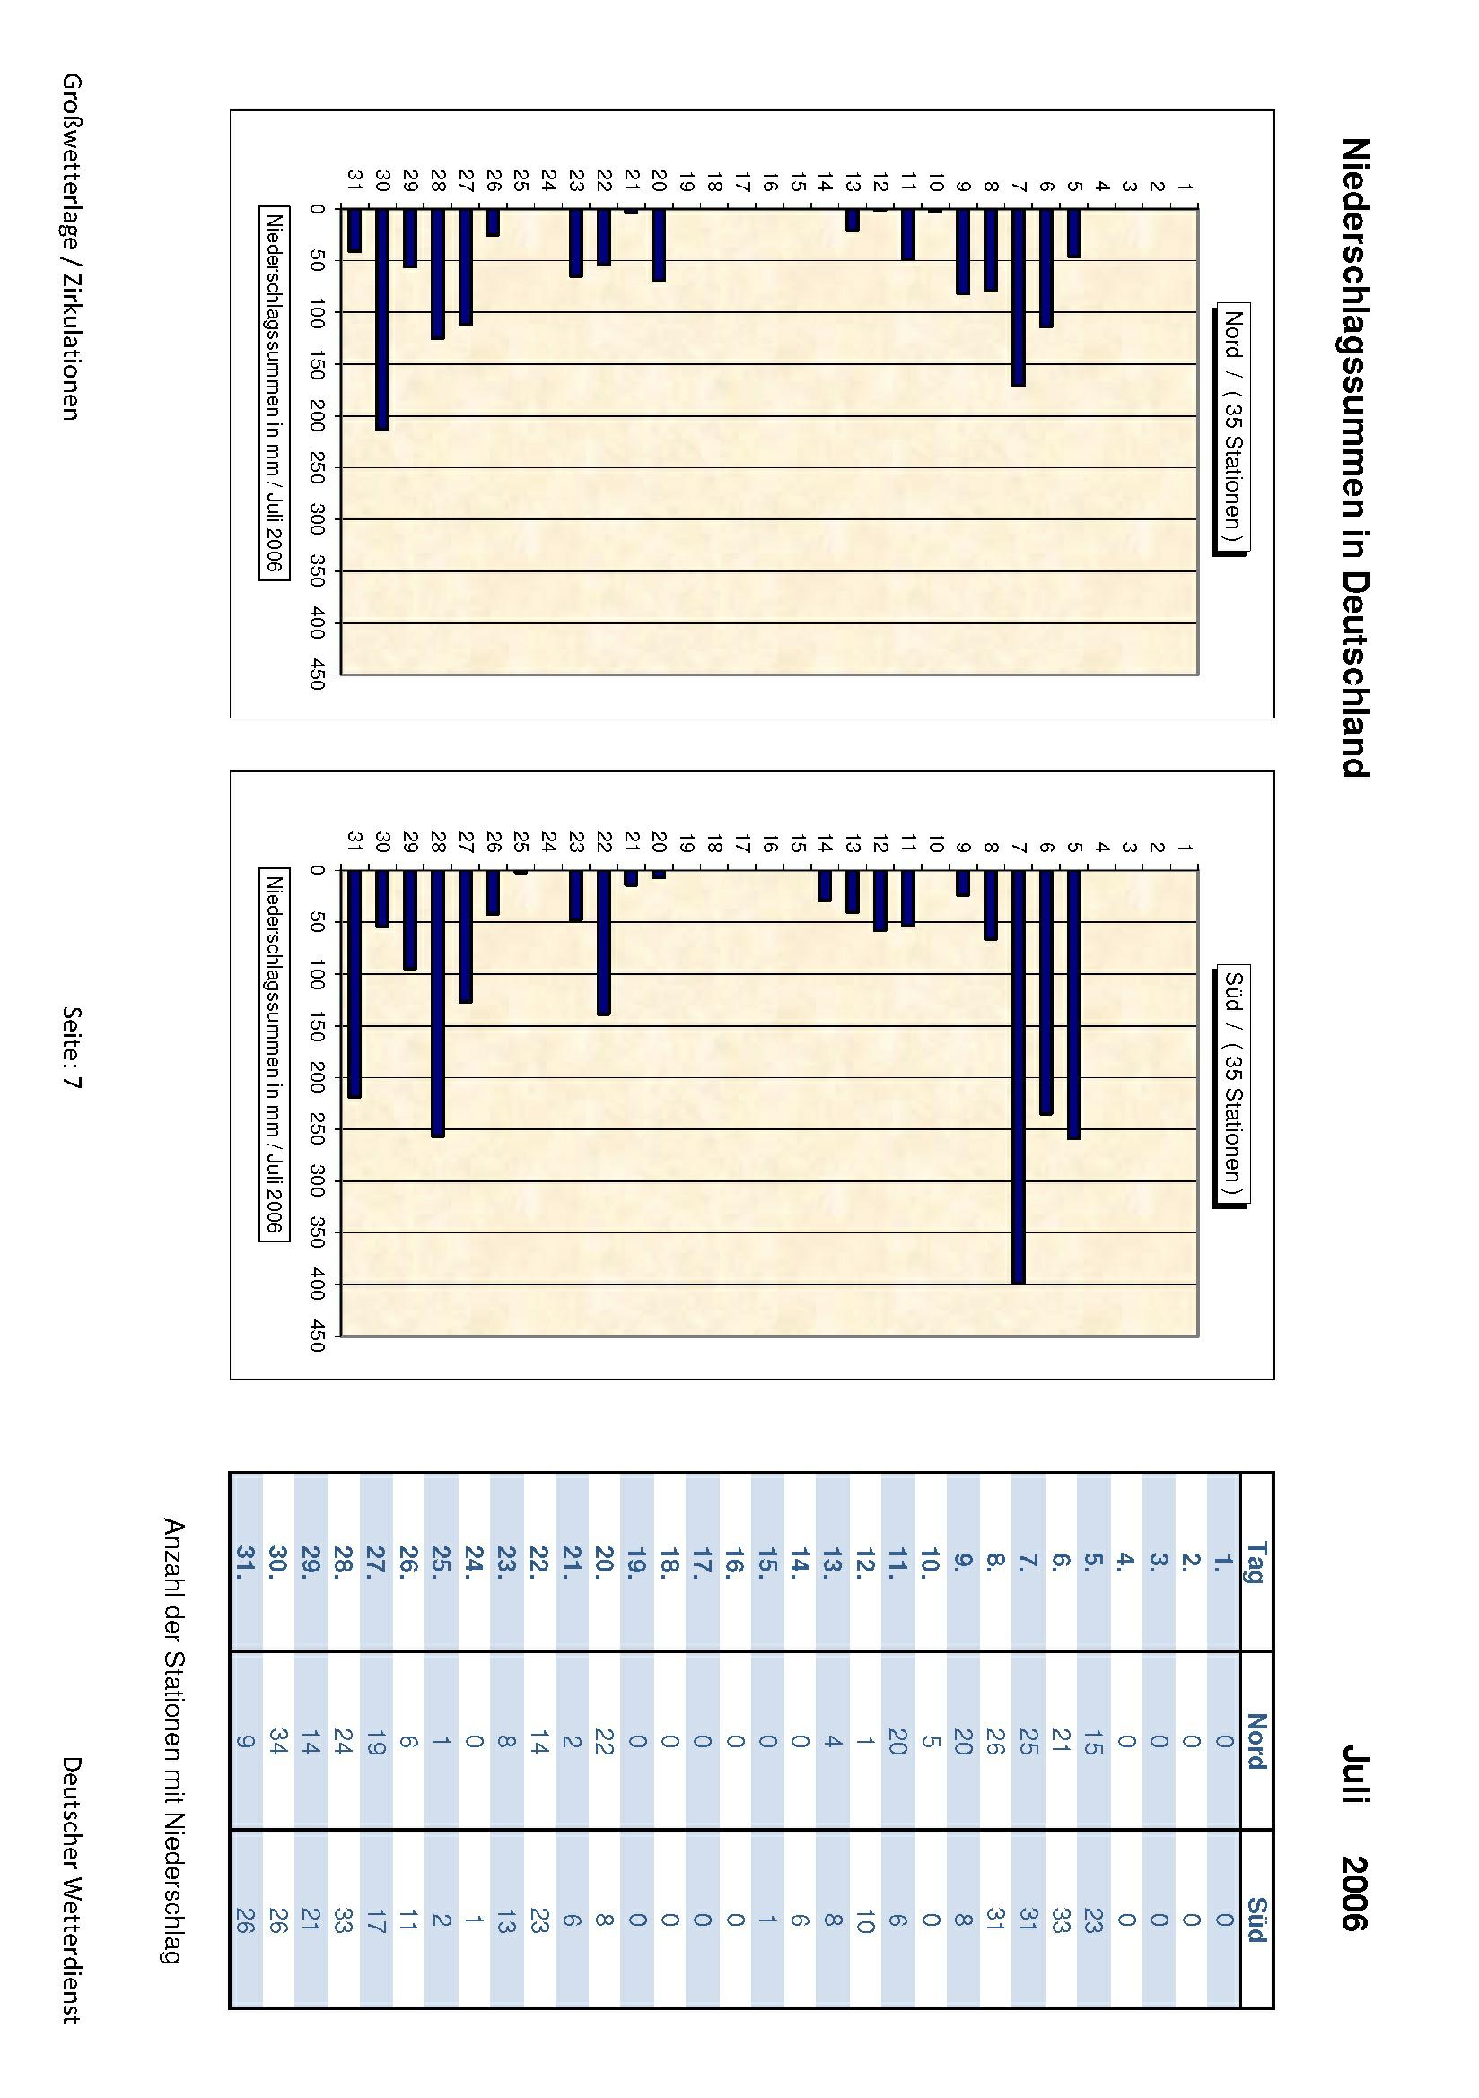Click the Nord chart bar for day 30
382,320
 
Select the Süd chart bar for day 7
1019,1076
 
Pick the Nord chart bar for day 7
1019,298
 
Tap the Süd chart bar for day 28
438,1004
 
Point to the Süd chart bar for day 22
603,942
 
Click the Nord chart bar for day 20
658,245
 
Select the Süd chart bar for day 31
354,983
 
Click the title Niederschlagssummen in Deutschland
1354,457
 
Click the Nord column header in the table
1256,1742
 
